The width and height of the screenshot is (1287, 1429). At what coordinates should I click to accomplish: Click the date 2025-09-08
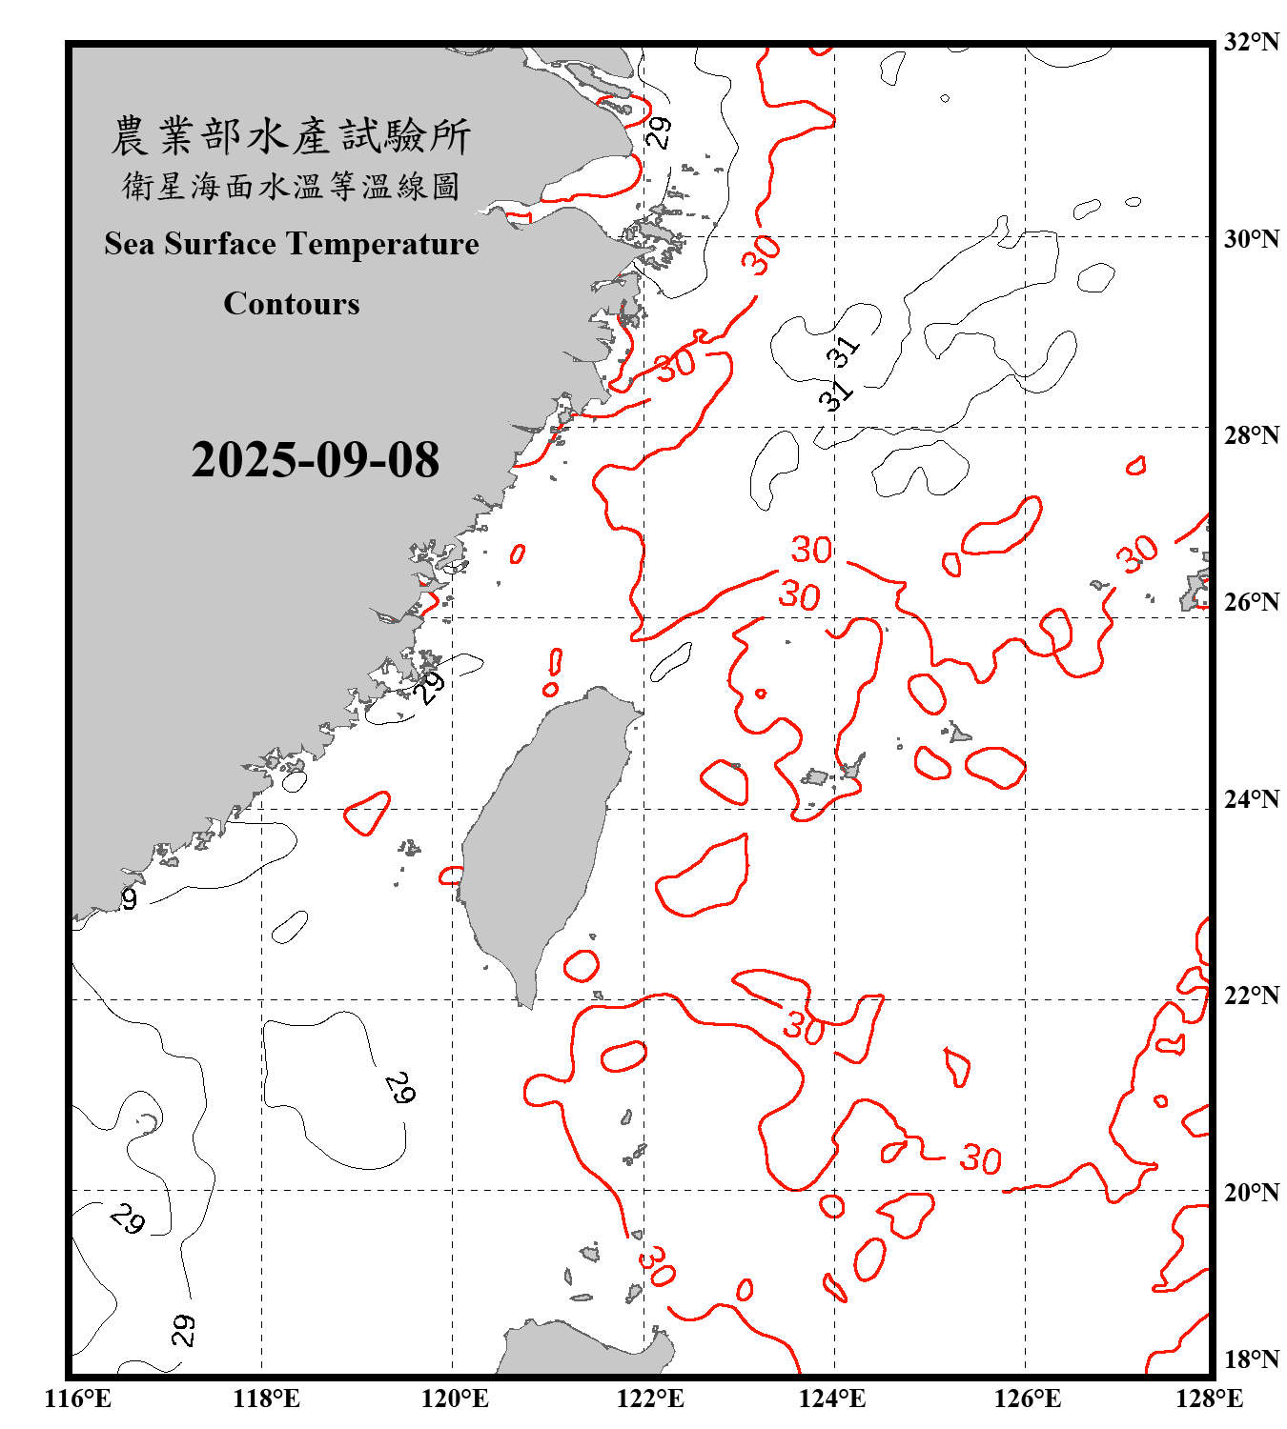315,460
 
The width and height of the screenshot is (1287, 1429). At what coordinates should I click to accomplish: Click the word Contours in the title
292,304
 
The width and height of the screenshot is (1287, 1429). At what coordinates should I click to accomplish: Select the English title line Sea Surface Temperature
292,244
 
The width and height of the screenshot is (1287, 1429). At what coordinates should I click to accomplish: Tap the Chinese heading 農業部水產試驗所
291,136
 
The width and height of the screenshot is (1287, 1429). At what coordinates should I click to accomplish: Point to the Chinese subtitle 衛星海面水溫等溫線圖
291,186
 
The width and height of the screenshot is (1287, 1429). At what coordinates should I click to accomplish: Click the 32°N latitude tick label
1252,42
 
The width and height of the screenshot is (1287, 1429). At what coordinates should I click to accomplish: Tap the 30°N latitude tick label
1252,238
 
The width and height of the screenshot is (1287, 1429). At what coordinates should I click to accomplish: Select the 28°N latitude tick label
1252,434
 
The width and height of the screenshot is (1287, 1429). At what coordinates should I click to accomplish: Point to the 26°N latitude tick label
1252,602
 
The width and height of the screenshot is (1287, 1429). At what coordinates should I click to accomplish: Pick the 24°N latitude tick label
1252,798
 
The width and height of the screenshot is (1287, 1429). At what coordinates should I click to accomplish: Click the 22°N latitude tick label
1252,995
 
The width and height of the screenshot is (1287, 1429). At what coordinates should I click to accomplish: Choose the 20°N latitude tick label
1252,1191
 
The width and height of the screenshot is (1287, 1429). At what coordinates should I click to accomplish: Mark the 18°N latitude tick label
1252,1359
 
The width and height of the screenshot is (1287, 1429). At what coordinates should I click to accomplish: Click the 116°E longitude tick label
78,1399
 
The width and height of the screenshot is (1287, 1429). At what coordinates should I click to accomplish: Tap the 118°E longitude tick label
266,1399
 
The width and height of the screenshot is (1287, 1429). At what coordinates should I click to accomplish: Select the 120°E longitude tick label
455,1399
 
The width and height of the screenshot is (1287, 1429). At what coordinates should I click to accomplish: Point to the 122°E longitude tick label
650,1399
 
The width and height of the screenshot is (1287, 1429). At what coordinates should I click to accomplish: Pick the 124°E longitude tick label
832,1399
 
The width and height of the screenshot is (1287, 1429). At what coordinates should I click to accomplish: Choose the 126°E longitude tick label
1027,1399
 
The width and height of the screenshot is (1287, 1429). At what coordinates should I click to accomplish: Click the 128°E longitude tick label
1209,1399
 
